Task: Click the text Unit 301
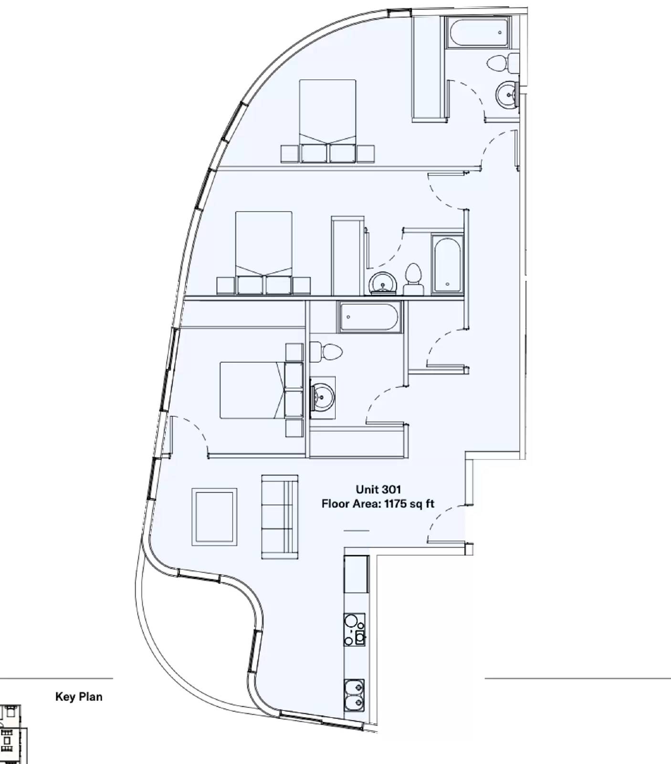point(378,489)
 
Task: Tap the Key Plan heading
point(79,697)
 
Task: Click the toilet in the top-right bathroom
point(503,63)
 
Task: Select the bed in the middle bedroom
point(264,244)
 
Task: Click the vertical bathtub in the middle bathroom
point(447,263)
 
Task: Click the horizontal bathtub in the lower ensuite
point(370,317)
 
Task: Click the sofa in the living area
point(280,517)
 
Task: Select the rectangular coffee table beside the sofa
point(214,517)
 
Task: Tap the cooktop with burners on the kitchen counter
point(354,629)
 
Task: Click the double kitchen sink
point(354,695)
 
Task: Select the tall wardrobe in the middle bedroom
point(347,256)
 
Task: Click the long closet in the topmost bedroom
point(429,67)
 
